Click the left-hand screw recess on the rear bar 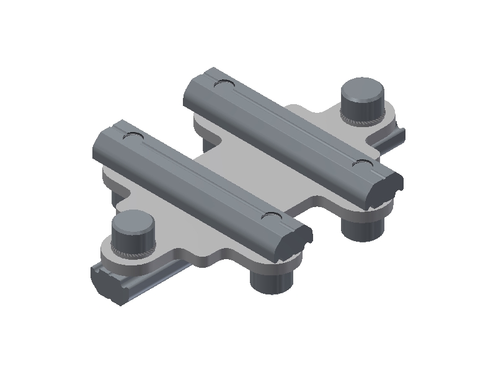click(x=221, y=84)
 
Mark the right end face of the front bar click(x=298, y=241)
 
